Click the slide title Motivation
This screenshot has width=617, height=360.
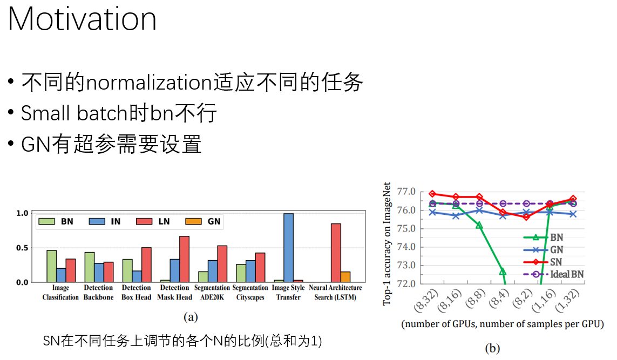click(82, 19)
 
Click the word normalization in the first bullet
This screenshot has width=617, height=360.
click(148, 83)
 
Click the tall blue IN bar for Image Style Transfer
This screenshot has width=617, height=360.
click(288, 248)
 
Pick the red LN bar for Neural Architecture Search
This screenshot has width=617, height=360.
click(336, 253)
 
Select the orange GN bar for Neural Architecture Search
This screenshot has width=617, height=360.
click(345, 277)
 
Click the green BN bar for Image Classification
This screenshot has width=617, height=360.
click(51, 266)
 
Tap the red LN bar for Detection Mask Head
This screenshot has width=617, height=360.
click(184, 259)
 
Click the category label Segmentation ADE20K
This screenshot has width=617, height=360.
click(212, 293)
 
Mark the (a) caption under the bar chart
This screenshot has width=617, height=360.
click(191, 317)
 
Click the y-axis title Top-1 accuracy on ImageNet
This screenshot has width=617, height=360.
click(387, 243)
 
